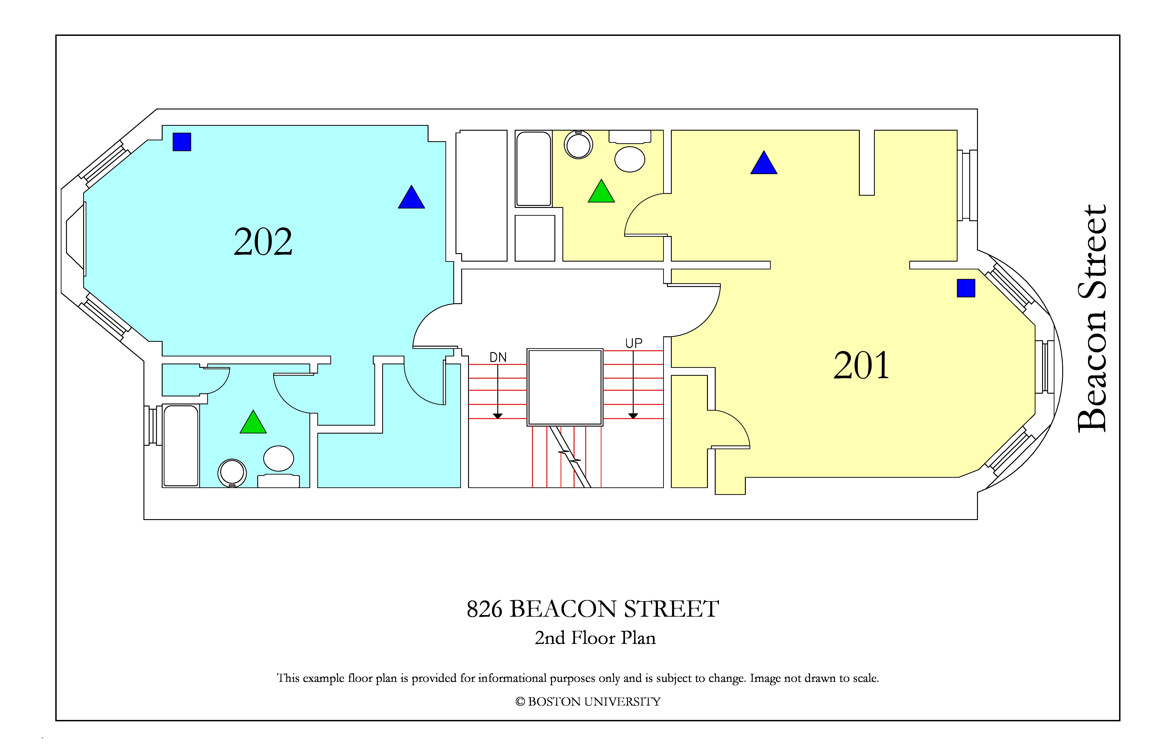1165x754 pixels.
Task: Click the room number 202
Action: [263, 242]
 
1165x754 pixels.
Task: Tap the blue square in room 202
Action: [182, 142]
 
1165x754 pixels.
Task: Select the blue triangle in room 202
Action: [411, 197]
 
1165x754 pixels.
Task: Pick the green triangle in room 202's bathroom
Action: [253, 422]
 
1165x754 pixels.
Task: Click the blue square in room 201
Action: [966, 288]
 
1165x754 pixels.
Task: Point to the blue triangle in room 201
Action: [764, 162]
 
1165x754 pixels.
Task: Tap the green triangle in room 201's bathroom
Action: [601, 191]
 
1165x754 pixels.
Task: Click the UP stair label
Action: [633, 343]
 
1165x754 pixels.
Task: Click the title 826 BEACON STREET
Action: [593, 609]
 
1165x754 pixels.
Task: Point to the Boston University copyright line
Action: [588, 702]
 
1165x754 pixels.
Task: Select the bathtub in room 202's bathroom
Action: [181, 446]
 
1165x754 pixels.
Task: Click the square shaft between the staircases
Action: [565, 387]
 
